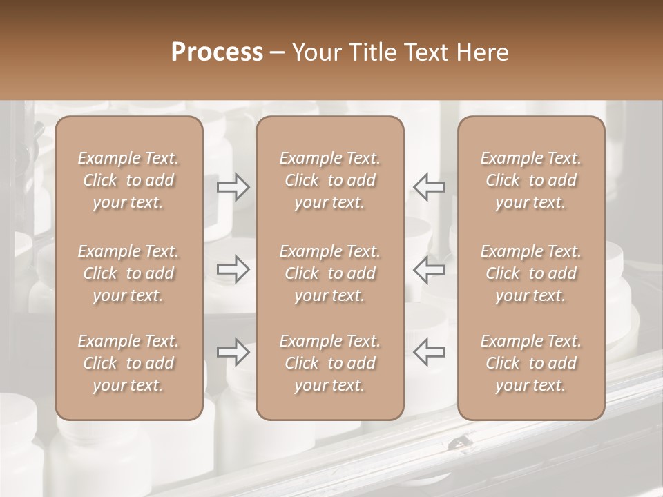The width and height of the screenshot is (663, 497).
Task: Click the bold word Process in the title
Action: (x=217, y=52)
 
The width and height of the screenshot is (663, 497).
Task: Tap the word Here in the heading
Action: (x=483, y=52)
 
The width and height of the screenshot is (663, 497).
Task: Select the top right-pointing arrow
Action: (x=233, y=187)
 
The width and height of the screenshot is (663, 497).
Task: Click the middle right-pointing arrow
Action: (x=233, y=270)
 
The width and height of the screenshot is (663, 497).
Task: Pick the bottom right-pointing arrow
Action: (x=233, y=352)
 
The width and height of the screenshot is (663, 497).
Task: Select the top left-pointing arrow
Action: (x=429, y=187)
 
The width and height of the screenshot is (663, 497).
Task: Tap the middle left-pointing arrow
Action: (x=429, y=270)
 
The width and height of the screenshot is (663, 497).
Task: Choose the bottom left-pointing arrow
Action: (x=429, y=352)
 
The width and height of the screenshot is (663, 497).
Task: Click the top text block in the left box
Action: (x=128, y=180)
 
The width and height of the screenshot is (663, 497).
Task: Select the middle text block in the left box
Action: (x=128, y=273)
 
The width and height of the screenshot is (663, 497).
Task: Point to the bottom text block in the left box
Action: (x=128, y=363)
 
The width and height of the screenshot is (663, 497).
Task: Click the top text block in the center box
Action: (x=329, y=180)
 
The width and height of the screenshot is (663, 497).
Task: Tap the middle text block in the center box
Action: (x=329, y=273)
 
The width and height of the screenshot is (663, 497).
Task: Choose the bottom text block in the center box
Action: (x=329, y=363)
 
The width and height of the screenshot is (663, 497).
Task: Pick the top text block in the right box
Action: (x=530, y=180)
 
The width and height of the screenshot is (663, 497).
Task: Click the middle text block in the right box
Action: (x=530, y=273)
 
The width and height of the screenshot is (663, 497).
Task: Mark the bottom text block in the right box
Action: (x=530, y=363)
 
